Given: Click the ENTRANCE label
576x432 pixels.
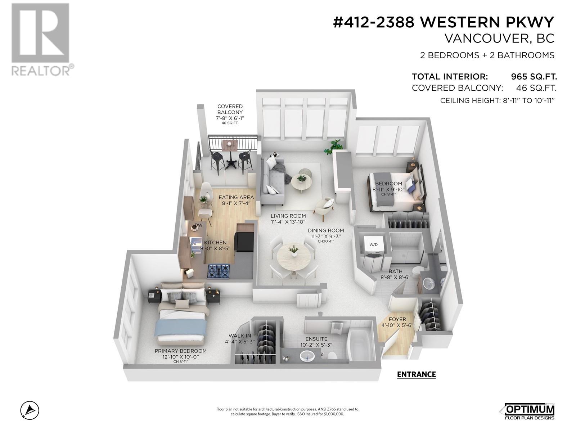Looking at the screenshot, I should tap(416, 374).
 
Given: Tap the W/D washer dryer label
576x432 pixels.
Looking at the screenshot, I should tap(374, 245).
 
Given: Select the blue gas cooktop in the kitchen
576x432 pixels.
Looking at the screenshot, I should tap(219, 271).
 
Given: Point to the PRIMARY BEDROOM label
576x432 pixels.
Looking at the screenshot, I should tap(181, 351).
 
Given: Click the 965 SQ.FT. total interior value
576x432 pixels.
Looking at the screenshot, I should tap(534, 77).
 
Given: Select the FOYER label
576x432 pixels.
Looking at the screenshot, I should tap(397, 319).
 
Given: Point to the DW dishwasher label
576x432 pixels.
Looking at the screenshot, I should tap(198, 225).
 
